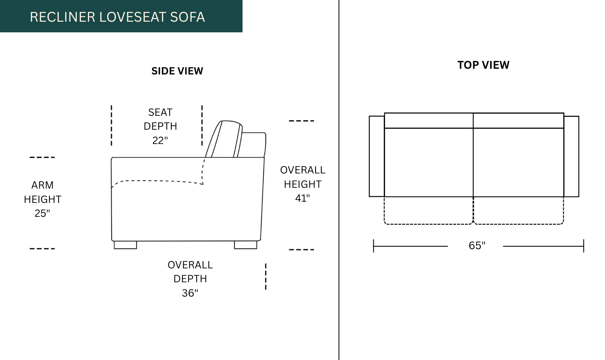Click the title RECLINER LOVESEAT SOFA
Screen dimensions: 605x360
point(117,17)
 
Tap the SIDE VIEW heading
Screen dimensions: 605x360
point(177,71)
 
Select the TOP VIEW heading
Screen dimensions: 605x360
point(483,65)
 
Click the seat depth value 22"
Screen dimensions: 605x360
point(160,141)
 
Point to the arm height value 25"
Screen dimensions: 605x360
point(42,213)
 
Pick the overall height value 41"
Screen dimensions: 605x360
point(302,198)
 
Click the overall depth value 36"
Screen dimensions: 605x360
point(190,293)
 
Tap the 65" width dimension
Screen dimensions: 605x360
point(477,245)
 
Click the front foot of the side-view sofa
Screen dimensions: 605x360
point(125,245)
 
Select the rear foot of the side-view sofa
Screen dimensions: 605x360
point(246,245)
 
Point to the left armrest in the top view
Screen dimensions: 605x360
point(377,156)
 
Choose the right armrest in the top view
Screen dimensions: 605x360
point(571,157)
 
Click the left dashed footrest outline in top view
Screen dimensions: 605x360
point(428,224)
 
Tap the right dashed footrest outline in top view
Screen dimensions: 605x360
point(519,224)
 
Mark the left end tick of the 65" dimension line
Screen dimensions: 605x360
point(374,246)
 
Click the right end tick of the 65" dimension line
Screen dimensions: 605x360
point(584,246)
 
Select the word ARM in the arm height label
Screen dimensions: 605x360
point(43,185)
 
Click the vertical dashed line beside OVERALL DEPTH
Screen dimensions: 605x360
point(266,277)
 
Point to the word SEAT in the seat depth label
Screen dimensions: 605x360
point(160,112)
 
